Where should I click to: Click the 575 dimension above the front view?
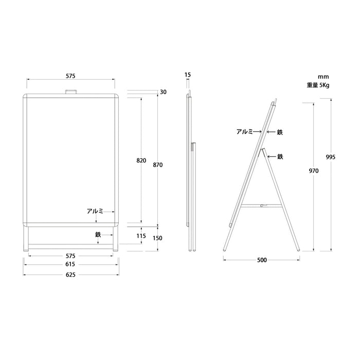tap(70, 76)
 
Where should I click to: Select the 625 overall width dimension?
tap(70, 275)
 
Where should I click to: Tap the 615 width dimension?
tap(70, 264)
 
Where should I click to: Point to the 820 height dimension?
tap(141, 160)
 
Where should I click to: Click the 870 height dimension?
tap(158, 165)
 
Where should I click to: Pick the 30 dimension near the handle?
tap(163, 92)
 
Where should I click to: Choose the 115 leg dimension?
tap(141, 236)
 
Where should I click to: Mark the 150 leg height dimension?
tap(157, 238)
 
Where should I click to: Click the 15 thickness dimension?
tap(188, 75)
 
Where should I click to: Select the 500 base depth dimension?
tap(262, 260)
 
